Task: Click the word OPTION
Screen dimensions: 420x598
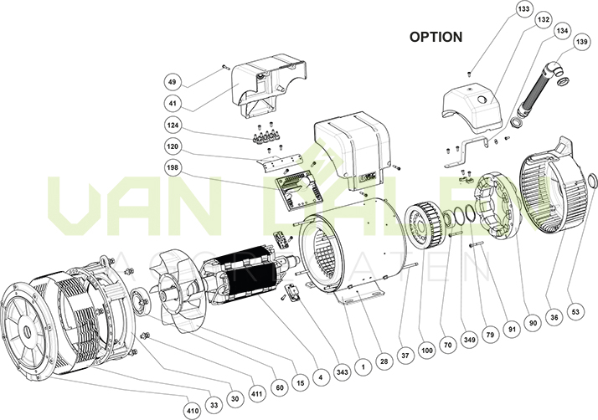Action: [x=436, y=38]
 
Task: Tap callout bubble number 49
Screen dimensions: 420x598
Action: [x=172, y=82]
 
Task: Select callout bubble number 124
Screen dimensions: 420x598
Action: [x=172, y=125]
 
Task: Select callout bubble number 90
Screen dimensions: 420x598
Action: [x=533, y=320]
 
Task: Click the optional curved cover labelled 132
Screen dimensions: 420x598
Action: [x=473, y=109]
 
